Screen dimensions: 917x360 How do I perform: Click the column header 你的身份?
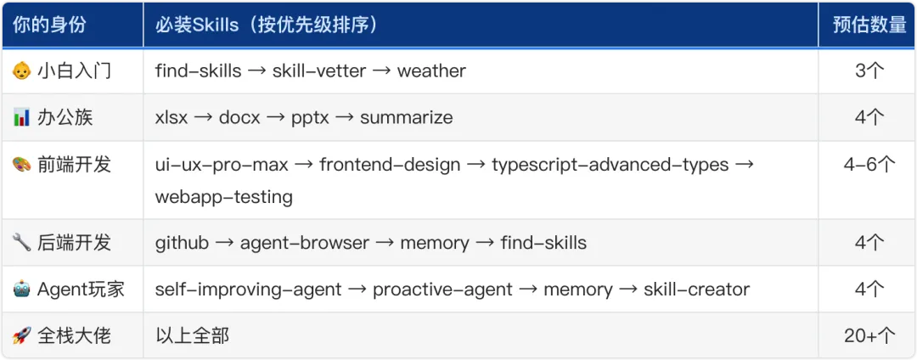(49, 25)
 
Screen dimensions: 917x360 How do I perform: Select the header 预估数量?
(869, 25)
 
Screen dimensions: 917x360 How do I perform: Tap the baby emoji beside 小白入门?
(21, 71)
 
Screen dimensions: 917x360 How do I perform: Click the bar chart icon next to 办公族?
(21, 118)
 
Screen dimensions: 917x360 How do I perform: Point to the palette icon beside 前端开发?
(21, 165)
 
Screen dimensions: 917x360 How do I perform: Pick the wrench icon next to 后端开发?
(21, 243)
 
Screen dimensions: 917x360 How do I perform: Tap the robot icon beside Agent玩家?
(21, 290)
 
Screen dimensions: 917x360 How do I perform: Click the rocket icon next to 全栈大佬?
(21, 336)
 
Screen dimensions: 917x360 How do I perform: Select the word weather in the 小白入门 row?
(431, 71)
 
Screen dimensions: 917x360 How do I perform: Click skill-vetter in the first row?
(319, 71)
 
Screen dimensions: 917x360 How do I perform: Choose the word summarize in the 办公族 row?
(406, 118)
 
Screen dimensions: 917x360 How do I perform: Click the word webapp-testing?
(223, 197)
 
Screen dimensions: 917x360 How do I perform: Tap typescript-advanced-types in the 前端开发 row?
(610, 165)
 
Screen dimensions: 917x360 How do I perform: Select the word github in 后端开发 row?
(182, 243)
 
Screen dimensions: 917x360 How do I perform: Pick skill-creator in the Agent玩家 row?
(696, 290)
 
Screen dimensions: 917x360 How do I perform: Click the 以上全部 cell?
(192, 336)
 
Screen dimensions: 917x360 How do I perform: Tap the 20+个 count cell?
(869, 336)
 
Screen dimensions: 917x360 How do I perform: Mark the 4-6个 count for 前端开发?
(869, 165)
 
